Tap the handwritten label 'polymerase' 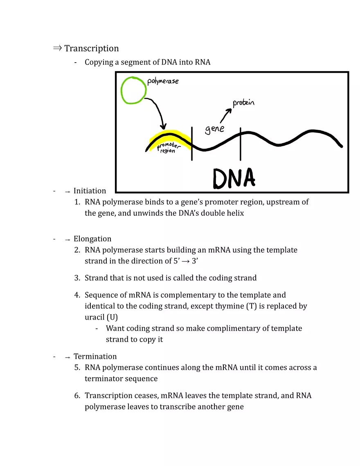pyautogui.click(x=163, y=81)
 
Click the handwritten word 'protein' pyautogui.click(x=243, y=103)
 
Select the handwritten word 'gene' pyautogui.click(x=214, y=129)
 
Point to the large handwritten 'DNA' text pyautogui.click(x=234, y=178)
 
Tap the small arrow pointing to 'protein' pyautogui.click(x=225, y=116)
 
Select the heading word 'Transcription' pyautogui.click(x=91, y=48)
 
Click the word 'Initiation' pyautogui.click(x=90, y=191)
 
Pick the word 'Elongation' pyautogui.click(x=92, y=239)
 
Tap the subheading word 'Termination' pyautogui.click(x=95, y=356)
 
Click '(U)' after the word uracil pyautogui.click(x=112, y=317)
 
